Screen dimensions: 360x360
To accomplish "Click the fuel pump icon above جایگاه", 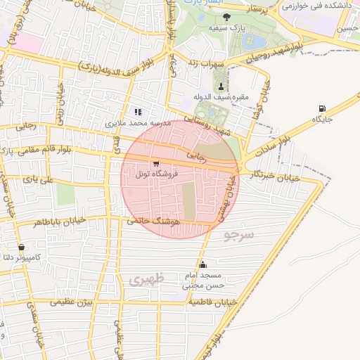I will tap(322, 108).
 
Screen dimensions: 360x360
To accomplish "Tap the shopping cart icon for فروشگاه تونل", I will tap(155, 163).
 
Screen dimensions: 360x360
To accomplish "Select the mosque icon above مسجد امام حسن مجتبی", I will tap(203, 265).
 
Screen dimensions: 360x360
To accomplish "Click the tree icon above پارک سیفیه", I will tap(211, 18).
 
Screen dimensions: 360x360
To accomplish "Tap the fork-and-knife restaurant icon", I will tap(139, 111).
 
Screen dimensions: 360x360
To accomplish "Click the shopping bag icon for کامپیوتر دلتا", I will tap(22, 247).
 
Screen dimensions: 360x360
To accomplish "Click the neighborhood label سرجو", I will tap(238, 235).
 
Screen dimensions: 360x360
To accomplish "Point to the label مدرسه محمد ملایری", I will tap(139, 122).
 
